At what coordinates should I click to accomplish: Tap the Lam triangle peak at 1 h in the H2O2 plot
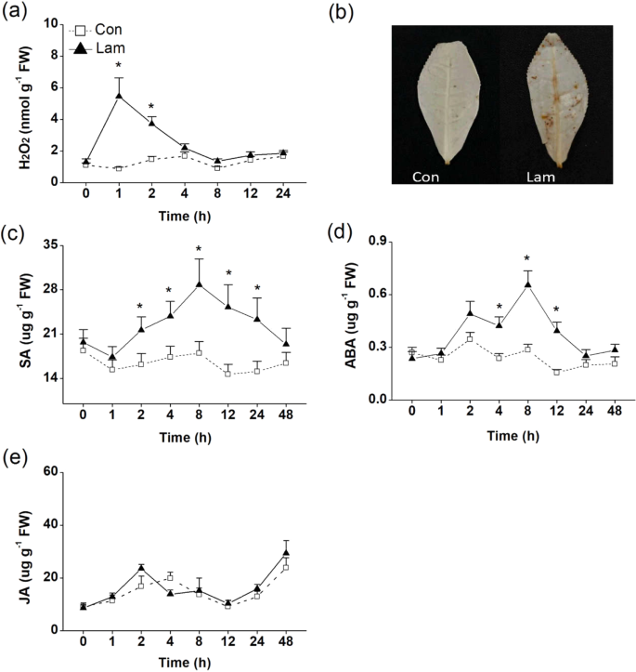point(119,95)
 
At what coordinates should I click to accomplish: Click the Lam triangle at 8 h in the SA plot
point(199,283)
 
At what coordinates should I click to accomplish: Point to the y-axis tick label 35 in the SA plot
point(53,244)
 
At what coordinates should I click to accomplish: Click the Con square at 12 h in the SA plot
point(227,373)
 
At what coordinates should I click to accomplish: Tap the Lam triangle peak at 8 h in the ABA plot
point(527,285)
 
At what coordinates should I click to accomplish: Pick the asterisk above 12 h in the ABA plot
point(556,310)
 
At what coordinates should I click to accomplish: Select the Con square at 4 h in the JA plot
point(170,577)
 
